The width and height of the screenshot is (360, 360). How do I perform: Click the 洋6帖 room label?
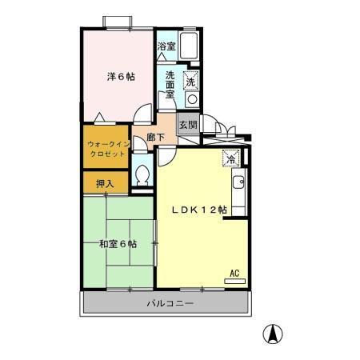tap(122, 78)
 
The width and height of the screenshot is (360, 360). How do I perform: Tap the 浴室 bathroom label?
tap(166, 47)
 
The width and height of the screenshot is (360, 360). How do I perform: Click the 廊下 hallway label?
tap(156, 138)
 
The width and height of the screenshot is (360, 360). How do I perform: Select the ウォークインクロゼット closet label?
tap(106, 148)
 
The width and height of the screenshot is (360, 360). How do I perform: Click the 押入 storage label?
tap(105, 184)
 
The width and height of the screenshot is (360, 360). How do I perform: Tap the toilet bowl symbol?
tap(142, 174)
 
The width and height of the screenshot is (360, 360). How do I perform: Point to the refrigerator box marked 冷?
tap(230, 158)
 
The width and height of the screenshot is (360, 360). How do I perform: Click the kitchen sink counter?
tap(239, 193)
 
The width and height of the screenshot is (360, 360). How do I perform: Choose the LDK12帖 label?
tap(201, 210)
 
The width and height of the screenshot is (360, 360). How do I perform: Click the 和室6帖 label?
tap(117, 243)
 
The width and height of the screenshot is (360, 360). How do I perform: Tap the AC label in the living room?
tap(235, 273)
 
